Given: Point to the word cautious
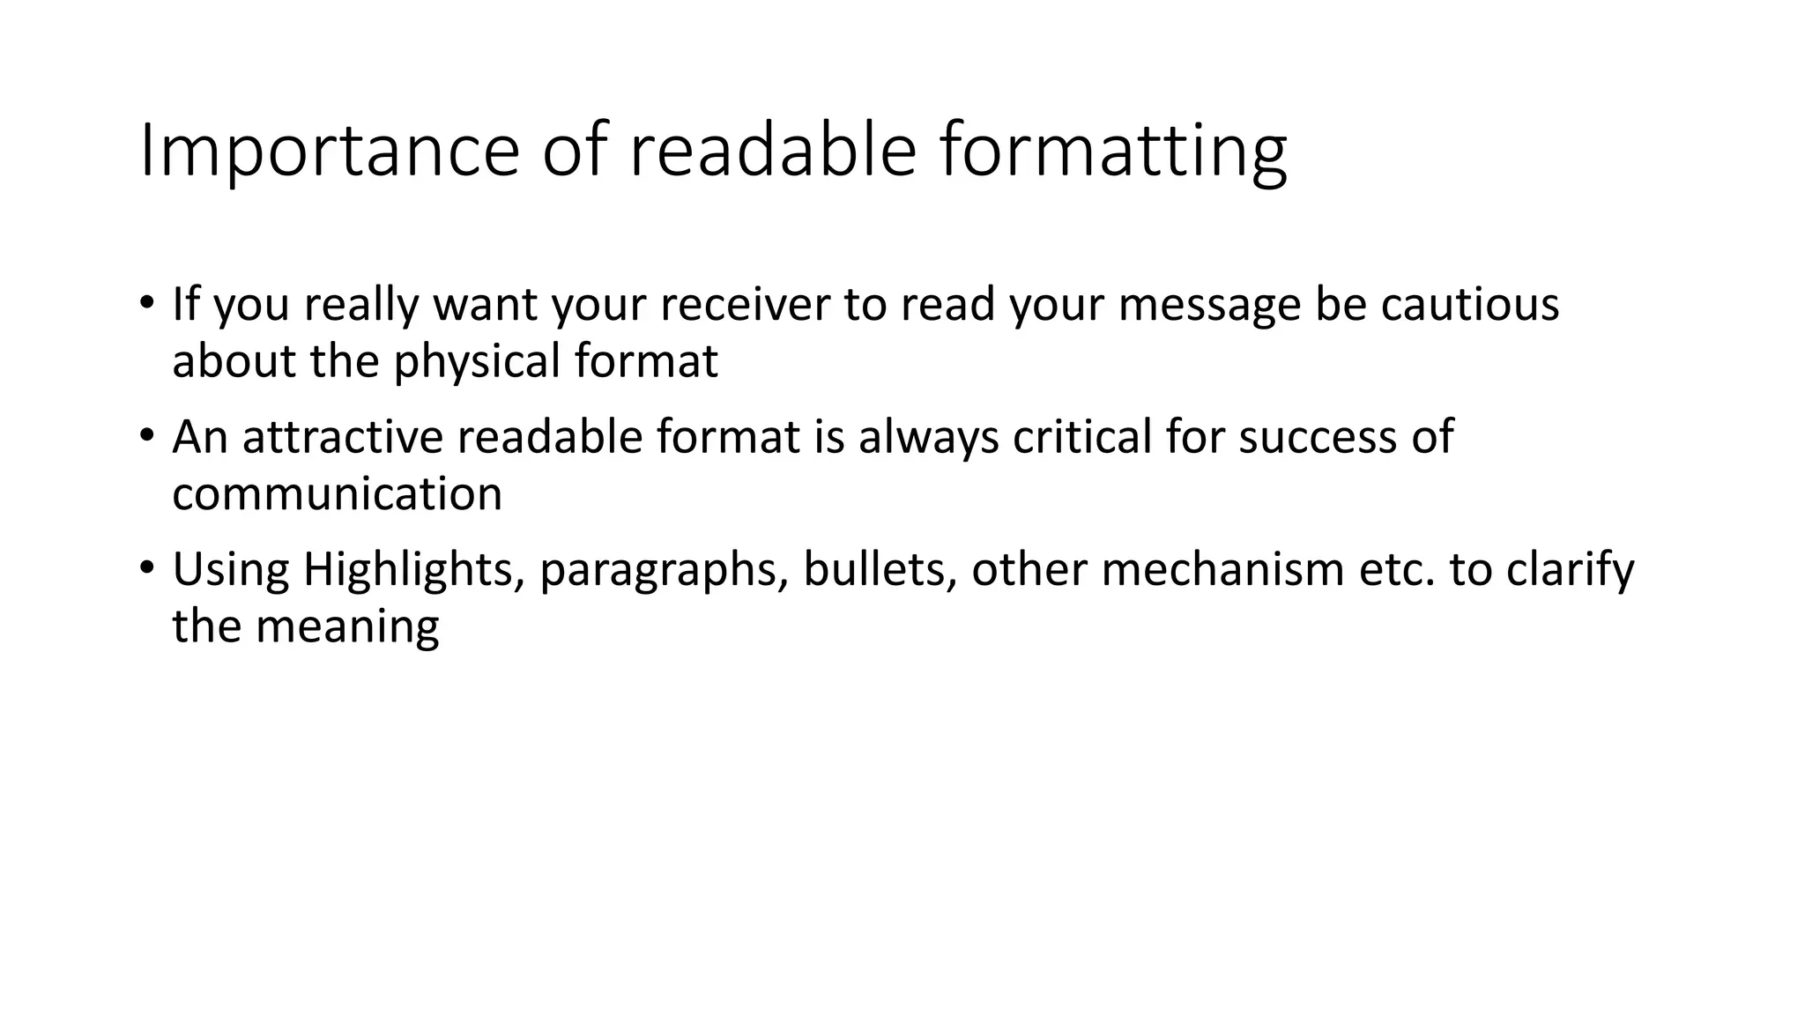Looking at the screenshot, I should [1469, 304].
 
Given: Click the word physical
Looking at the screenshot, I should [477, 361].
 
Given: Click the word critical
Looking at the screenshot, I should [1082, 436].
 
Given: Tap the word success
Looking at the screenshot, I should [1318, 436].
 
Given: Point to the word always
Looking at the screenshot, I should [929, 438].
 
